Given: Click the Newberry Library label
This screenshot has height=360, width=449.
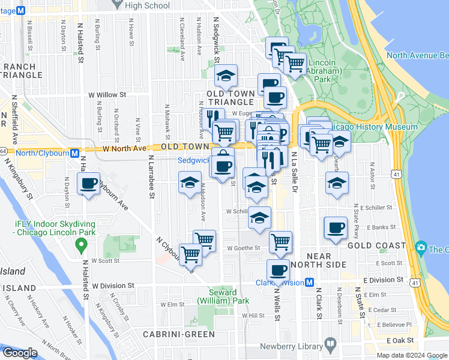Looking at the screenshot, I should coord(290,347).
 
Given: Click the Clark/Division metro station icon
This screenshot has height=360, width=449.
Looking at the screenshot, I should coord(310,283).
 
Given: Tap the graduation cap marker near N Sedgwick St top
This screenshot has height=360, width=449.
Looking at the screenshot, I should coord(226,76).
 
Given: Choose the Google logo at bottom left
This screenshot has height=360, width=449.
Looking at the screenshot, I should coord(19,353).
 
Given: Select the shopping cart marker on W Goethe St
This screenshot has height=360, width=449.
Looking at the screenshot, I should coord(280,242).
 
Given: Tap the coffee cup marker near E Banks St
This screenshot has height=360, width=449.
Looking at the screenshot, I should coord(336,228).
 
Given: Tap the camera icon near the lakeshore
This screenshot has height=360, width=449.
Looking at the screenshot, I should coord(421,248).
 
